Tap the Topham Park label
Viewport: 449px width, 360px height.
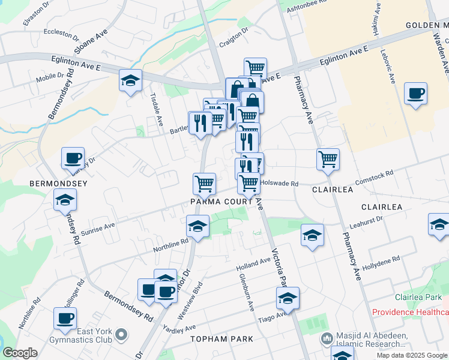(x=221, y=339)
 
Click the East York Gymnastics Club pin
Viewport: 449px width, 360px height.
(x=122, y=334)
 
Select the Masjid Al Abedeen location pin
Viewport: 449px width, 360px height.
(x=327, y=340)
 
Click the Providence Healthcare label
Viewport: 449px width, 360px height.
(x=410, y=313)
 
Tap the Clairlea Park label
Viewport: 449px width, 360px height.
(x=418, y=298)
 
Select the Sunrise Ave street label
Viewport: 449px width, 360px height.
(x=97, y=229)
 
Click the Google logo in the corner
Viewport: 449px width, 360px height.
(x=19, y=353)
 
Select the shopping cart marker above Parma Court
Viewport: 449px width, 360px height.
(x=204, y=184)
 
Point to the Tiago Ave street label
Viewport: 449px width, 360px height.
(x=272, y=317)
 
